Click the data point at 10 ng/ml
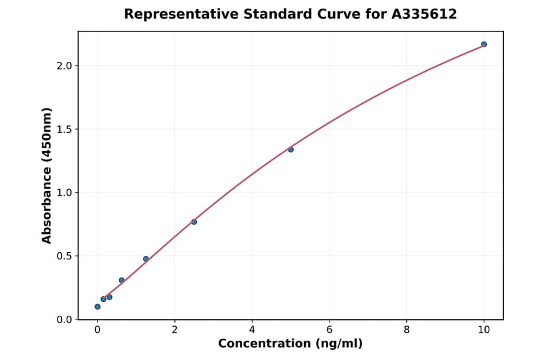484,44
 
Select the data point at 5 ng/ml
291,149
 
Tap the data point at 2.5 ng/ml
194,222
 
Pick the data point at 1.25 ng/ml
146,259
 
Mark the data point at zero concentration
97,307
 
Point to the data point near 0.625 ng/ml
122,280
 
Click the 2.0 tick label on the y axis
64,65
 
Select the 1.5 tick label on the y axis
64,129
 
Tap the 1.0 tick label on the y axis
64,193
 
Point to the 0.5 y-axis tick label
64,256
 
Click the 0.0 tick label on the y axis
64,319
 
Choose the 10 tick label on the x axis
484,330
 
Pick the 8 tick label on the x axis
406,330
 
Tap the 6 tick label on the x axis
329,330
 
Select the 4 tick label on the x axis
252,330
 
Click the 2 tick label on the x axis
174,330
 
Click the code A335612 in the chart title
423,14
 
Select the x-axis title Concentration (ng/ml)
291,344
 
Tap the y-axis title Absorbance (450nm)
47,175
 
